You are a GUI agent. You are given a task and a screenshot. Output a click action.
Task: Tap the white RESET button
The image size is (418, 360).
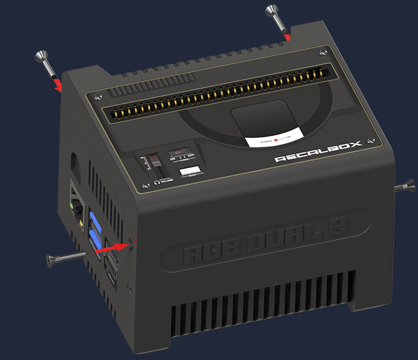pos(191,171)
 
